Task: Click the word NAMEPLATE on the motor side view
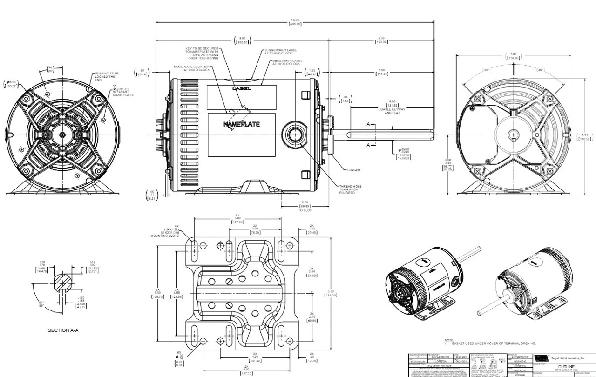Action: click(x=242, y=124)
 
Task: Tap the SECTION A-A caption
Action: click(x=63, y=330)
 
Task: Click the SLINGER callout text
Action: click(x=353, y=170)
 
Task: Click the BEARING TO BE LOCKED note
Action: click(x=107, y=76)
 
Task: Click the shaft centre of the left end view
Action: click(x=63, y=135)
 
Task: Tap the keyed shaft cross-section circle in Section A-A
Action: click(x=63, y=283)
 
